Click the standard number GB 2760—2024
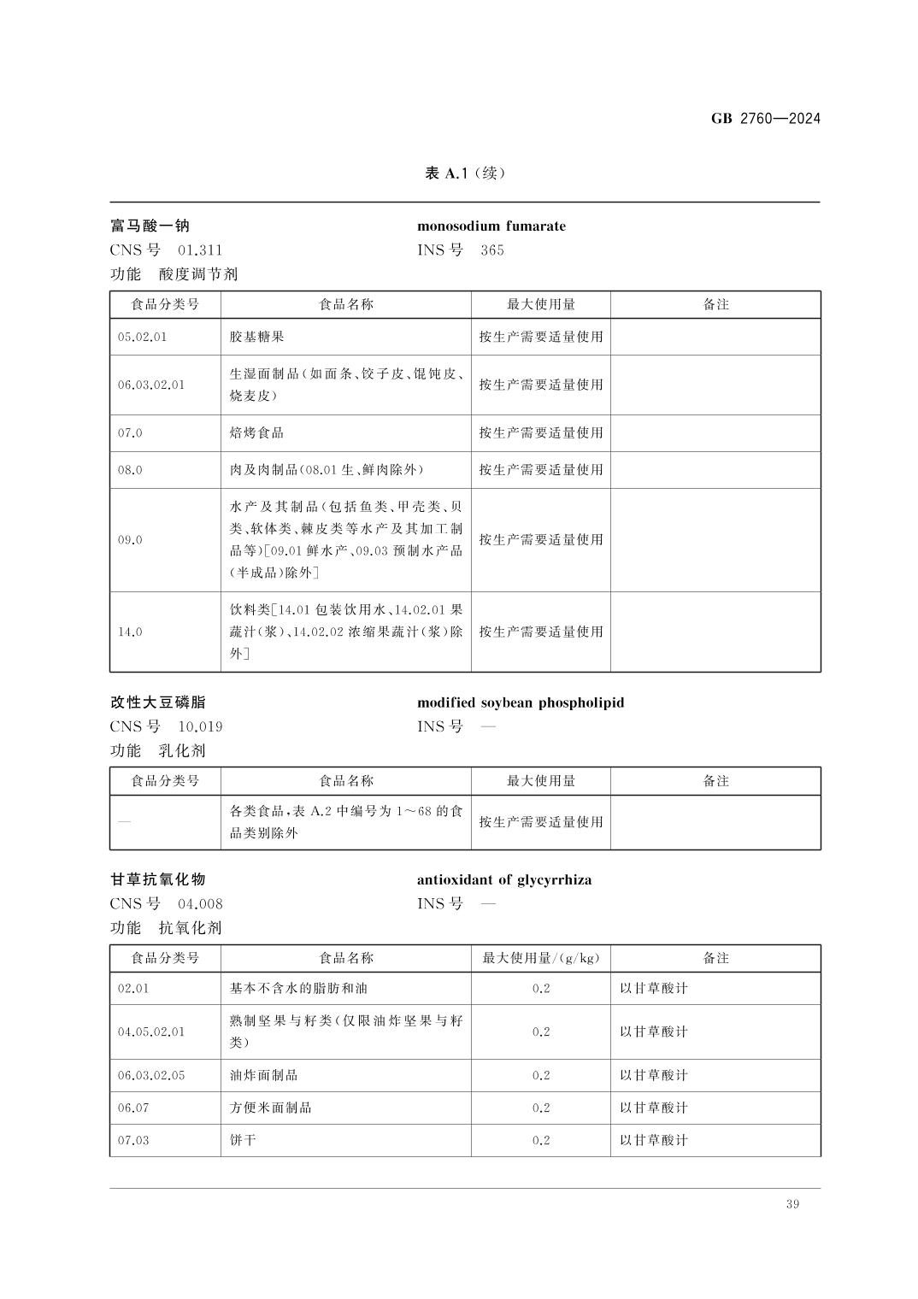[765, 119]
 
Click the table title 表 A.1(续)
[466, 173]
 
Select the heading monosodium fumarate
[491, 226]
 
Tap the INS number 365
[492, 250]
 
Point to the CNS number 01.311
[200, 250]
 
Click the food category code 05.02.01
[143, 337]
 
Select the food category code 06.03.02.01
[151, 385]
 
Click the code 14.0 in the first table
[130, 632]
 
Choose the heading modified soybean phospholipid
[521, 702]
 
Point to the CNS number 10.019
[200, 727]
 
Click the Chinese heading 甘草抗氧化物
[158, 879]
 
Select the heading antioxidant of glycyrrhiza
[504, 879]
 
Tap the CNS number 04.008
[200, 904]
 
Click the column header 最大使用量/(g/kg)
[541, 958]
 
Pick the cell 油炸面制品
[263, 1075]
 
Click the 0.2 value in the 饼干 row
[541, 1140]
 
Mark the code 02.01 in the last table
[133, 989]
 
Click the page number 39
[792, 1204]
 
